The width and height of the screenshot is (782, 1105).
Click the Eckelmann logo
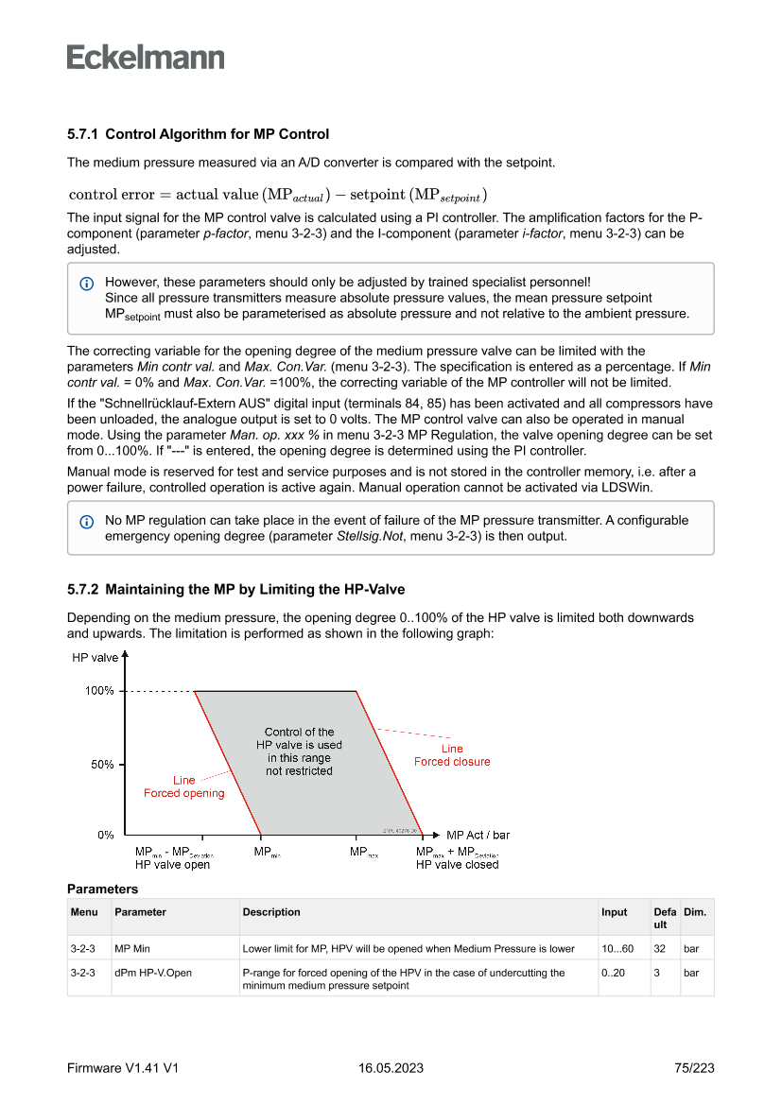[x=146, y=58]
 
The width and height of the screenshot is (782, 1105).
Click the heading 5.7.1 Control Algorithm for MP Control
[x=198, y=134]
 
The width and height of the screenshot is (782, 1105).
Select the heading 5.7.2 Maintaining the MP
[x=235, y=590]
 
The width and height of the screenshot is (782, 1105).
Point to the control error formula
[x=277, y=195]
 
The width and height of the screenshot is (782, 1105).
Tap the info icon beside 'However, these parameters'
[x=87, y=283]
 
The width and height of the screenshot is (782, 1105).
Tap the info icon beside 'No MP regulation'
[x=87, y=521]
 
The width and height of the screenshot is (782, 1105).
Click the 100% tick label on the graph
[x=99, y=691]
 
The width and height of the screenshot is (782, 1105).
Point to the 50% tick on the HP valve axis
[x=102, y=764]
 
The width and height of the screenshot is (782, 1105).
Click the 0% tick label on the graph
[x=105, y=835]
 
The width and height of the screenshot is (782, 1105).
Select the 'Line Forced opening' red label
[x=184, y=786]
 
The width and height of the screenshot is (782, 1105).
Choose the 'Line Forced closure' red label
[x=452, y=755]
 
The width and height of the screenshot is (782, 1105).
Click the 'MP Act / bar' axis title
[x=478, y=835]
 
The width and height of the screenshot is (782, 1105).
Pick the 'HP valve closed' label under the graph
[x=458, y=864]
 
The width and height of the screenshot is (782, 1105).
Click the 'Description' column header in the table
[x=271, y=912]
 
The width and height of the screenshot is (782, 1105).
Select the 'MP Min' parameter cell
[x=132, y=948]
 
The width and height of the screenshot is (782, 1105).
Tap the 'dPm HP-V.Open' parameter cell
[x=153, y=972]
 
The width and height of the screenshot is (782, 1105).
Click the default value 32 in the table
[x=659, y=948]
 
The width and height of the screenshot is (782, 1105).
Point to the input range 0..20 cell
[x=614, y=972]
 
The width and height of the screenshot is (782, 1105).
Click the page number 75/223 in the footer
[x=694, y=1068]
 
